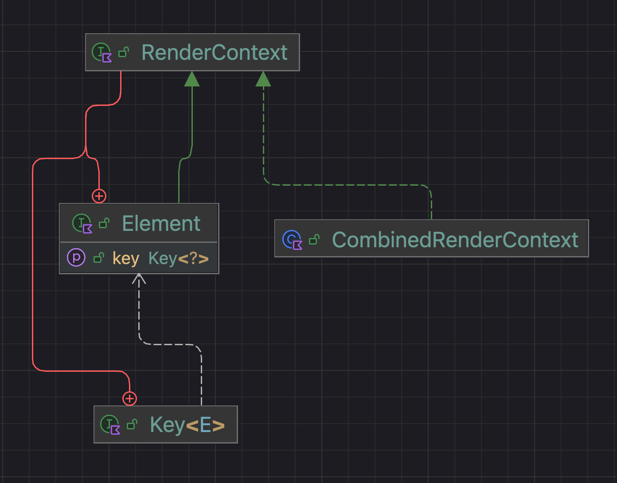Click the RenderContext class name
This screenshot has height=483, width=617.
click(214, 53)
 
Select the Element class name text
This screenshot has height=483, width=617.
click(161, 223)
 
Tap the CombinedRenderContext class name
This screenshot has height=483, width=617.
click(455, 240)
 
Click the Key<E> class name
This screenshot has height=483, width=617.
click(187, 425)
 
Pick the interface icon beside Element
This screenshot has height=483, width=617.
click(82, 223)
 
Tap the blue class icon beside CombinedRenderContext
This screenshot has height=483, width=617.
click(292, 240)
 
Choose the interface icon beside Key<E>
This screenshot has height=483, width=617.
click(110, 425)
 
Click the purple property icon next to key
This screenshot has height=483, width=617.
click(76, 257)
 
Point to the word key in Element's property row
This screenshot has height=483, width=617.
click(126, 258)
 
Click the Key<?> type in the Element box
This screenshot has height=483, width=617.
click(178, 258)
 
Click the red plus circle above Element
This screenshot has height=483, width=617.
click(99, 196)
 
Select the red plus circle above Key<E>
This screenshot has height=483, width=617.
click(129, 398)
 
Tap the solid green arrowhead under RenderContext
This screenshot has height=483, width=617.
click(192, 79)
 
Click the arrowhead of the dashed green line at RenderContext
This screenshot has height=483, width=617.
click(263, 79)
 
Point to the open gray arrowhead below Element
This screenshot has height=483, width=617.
click(139, 278)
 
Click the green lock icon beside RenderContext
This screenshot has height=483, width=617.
click(124, 53)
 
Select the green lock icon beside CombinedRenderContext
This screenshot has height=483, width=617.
click(314, 240)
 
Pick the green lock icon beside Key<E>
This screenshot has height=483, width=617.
click(132, 425)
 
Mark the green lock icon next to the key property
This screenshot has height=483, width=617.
click(99, 258)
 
